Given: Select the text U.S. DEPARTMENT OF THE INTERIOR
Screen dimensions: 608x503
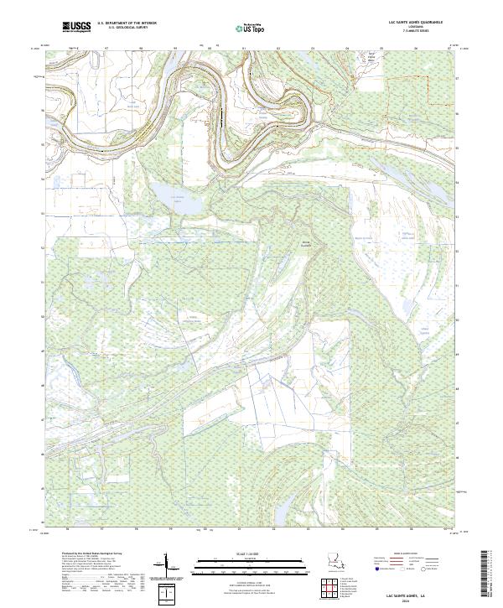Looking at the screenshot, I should tap(127, 23).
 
